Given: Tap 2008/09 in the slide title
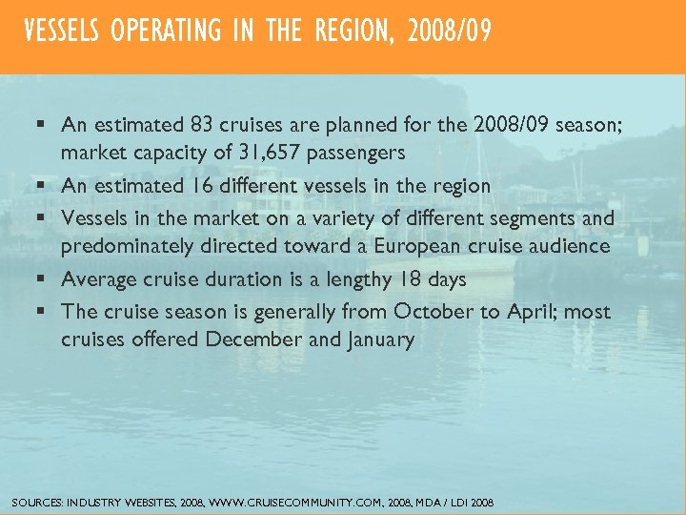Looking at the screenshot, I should tap(449, 32).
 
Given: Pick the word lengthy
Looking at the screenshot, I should tap(347, 279).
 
